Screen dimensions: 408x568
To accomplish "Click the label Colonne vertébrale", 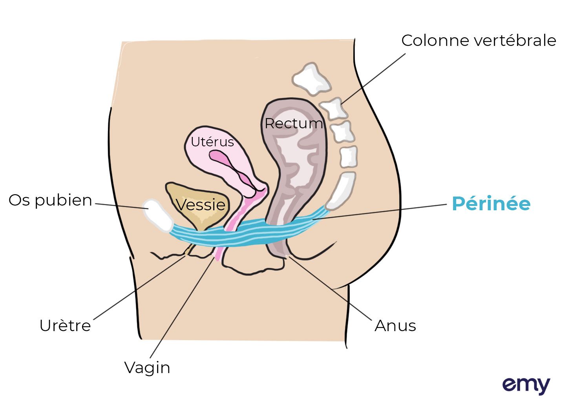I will click(479, 40).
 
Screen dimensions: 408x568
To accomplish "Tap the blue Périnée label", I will click(491, 203).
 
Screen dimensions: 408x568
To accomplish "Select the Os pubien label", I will click(50, 200).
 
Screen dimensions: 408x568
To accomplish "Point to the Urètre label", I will click(65, 325).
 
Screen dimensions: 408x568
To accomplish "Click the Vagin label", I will click(147, 368).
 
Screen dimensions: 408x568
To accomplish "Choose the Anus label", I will click(395, 326).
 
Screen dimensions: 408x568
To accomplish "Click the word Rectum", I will click(294, 123).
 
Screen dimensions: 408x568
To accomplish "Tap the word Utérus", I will click(212, 142).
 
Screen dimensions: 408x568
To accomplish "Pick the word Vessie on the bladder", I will click(201, 204).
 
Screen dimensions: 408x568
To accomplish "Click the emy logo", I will click(526, 385).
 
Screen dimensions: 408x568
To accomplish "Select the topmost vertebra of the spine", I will click(311, 79).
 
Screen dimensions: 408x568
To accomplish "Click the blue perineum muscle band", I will click(243, 235).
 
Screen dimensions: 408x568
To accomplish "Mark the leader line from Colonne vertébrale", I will click(373, 78).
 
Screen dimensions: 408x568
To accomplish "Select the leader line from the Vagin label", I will click(183, 306).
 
